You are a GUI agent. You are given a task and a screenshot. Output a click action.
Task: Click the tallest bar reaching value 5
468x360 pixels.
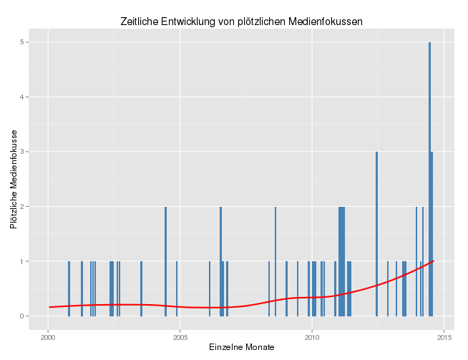pos(429,179)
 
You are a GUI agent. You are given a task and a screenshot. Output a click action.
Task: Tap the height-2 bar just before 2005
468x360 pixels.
pos(165,261)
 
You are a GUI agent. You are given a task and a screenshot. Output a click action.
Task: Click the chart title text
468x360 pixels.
pos(240,21)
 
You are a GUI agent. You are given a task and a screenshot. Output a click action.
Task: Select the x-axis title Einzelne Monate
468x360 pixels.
pos(241,347)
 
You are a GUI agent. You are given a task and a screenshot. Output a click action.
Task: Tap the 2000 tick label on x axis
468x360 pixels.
pos(48,336)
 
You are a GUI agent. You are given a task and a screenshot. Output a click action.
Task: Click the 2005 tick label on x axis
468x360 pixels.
pos(180,336)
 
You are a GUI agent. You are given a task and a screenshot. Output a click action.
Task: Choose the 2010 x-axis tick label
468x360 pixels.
pos(312,336)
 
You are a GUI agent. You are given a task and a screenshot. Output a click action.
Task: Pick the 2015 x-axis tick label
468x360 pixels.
pos(444,336)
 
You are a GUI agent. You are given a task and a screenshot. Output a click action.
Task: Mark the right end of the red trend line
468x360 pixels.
pos(433,261)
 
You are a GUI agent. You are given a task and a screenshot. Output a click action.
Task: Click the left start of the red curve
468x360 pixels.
pos(49,307)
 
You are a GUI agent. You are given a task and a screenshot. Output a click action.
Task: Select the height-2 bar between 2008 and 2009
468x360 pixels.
pos(276,261)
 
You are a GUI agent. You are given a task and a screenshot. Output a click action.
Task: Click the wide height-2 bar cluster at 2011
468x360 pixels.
pos(342,261)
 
